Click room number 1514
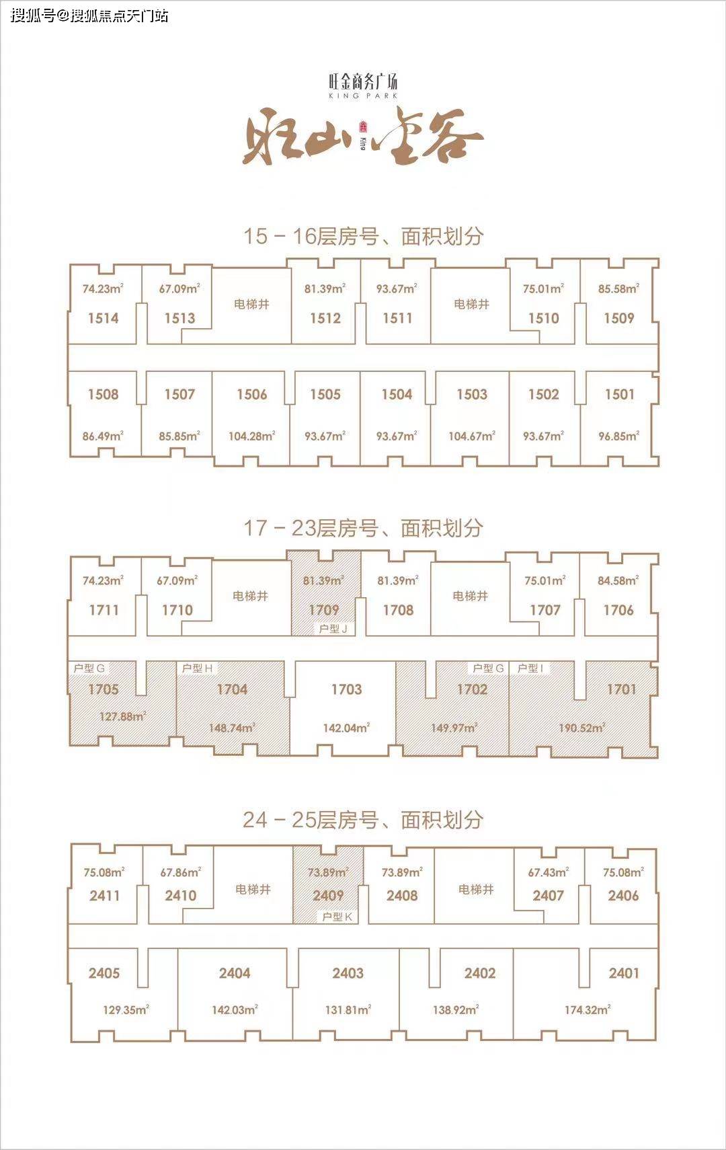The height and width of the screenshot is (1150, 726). tap(103, 318)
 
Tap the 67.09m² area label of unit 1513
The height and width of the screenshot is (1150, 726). tap(179, 289)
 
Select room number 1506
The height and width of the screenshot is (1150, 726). tap(252, 394)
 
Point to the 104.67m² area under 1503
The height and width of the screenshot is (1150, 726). tap(471, 436)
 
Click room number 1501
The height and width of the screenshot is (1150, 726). tap(620, 394)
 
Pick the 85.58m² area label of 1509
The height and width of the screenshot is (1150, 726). tap(618, 289)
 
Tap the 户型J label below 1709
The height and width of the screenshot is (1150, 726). tap(333, 629)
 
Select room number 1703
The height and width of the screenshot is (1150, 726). tap(346, 689)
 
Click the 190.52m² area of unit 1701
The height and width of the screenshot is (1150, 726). tap(582, 728)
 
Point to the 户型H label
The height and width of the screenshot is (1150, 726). tap(197, 668)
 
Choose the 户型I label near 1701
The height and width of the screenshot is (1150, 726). tap(530, 668)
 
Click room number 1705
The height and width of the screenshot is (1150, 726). tap(104, 689)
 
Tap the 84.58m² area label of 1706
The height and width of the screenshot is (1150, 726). tap(618, 580)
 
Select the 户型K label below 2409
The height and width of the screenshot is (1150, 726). tap(337, 917)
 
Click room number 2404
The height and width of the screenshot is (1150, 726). tap(235, 973)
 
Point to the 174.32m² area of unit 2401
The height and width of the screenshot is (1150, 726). tap(588, 1010)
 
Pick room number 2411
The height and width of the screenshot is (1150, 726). tap(105, 896)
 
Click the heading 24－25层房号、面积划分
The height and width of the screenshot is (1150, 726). tap(363, 820)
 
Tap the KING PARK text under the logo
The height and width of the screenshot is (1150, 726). tap(363, 95)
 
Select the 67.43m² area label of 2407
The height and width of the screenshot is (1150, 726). tap(549, 872)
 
